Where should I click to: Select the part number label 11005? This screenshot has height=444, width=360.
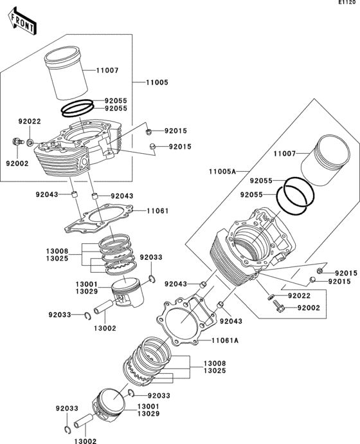(x=157, y=83)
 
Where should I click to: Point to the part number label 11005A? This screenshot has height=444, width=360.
(x=222, y=171)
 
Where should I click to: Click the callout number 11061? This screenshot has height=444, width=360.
(x=157, y=210)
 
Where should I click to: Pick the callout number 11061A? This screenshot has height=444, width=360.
(x=226, y=340)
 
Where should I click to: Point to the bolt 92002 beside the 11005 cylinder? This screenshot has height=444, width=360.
(x=16, y=141)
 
